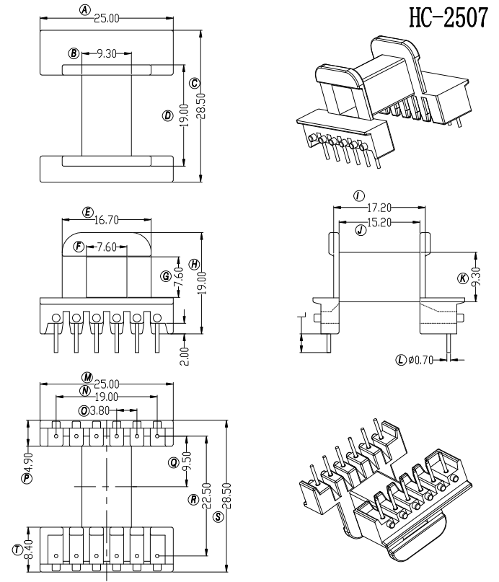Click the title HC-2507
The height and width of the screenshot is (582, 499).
click(447, 17)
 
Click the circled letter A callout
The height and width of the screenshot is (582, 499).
click(85, 10)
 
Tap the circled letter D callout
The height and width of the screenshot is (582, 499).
click(167, 115)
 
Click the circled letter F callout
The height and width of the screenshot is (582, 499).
click(79, 247)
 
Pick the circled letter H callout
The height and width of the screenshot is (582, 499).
click(194, 265)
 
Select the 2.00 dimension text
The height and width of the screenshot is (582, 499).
click(185, 356)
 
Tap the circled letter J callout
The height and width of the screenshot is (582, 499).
click(358, 229)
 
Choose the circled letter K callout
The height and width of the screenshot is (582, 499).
click(462, 278)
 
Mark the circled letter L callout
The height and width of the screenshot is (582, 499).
click(401, 359)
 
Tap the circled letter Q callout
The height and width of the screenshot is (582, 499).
click(174, 462)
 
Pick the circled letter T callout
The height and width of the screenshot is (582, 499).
click(17, 550)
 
